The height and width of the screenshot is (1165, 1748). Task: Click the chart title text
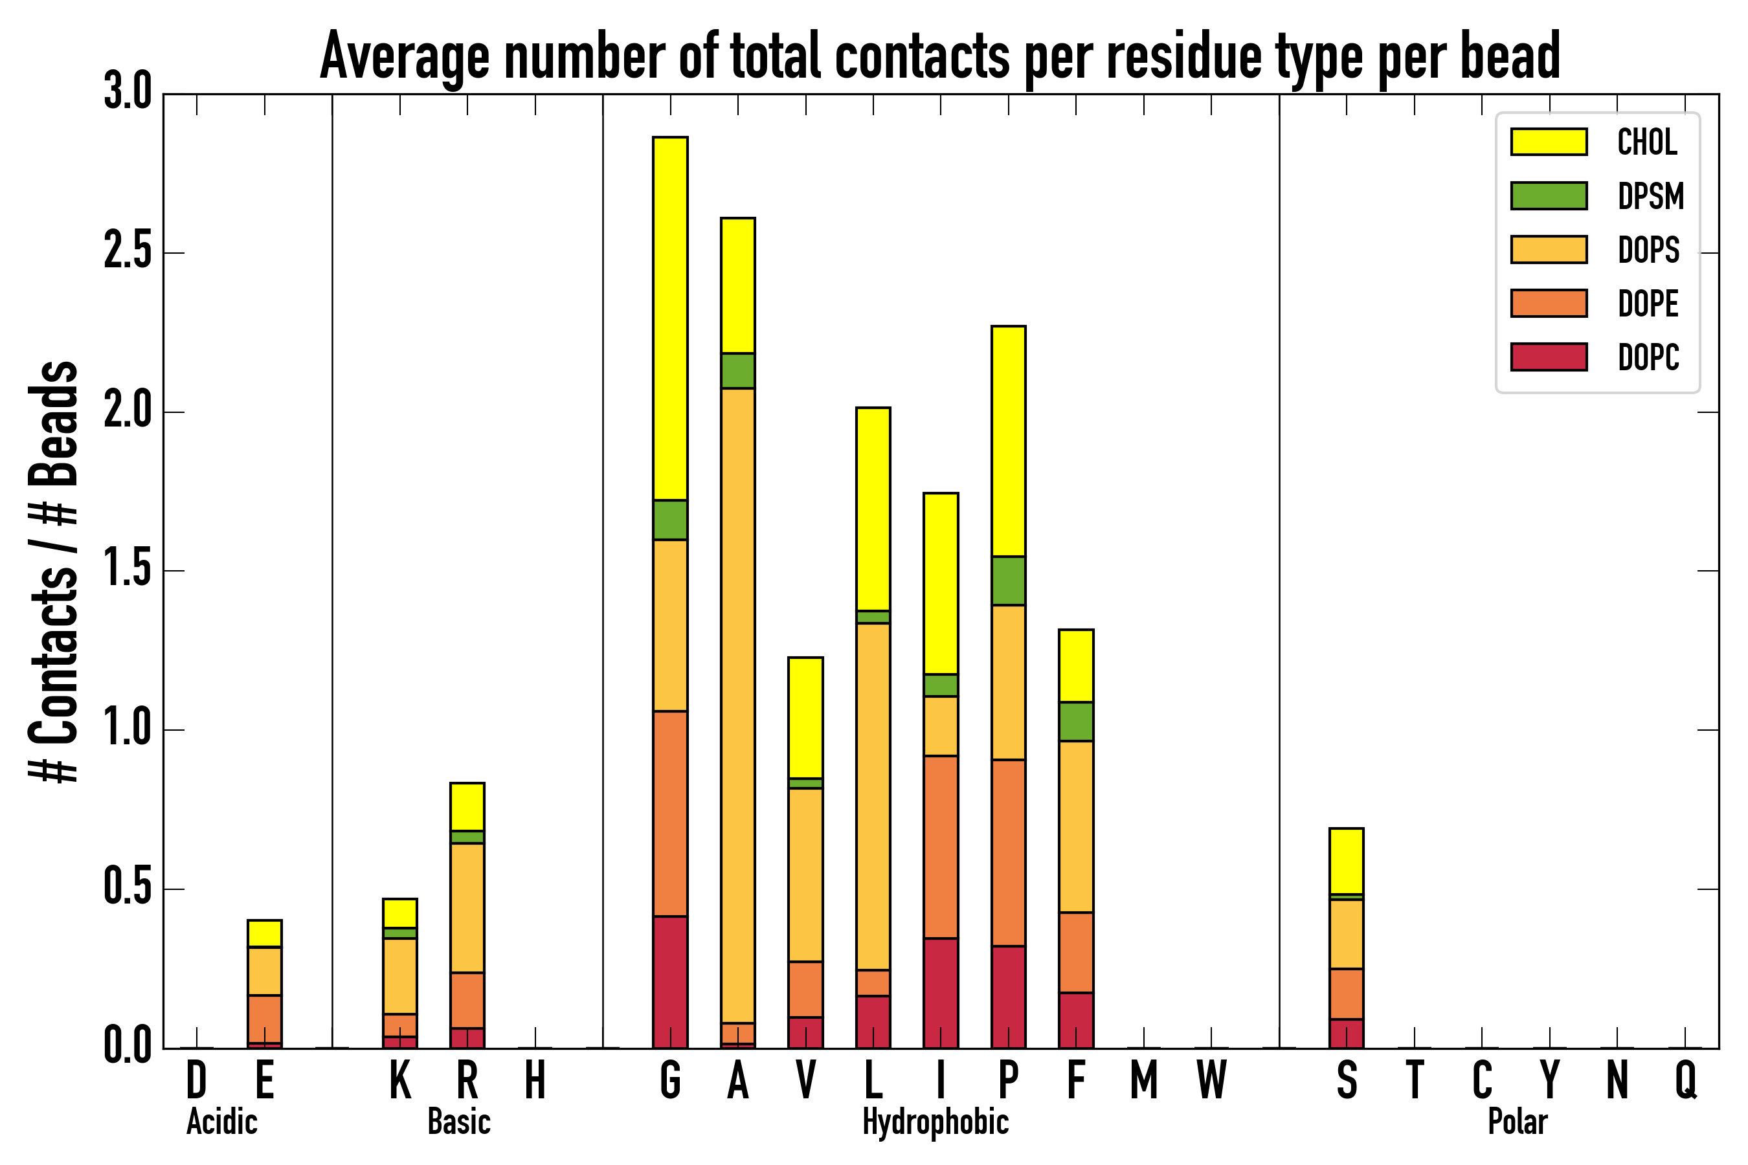pos(939,56)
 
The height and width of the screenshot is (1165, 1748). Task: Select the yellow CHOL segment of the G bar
pos(669,318)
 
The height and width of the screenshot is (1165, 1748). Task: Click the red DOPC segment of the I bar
pos(940,993)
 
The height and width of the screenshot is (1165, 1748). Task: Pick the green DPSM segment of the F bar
pos(1075,721)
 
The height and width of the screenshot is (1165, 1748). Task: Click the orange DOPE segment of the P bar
pos(1008,852)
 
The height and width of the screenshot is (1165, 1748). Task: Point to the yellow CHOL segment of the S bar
pos(1346,860)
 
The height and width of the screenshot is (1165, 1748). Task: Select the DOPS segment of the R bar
pos(467,907)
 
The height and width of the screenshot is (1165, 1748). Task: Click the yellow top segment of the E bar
pos(264,933)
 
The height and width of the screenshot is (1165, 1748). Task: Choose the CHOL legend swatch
pos(1549,142)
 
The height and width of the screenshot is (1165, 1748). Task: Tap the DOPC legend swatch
pos(1549,357)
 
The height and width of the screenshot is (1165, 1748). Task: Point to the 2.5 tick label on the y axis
pos(127,252)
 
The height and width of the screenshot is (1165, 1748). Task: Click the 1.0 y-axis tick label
pos(127,729)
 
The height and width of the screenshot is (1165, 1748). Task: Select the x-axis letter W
pos(1211,1080)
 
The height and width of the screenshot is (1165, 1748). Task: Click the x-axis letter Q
pos(1686,1080)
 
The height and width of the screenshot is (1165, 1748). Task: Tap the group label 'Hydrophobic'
pos(935,1122)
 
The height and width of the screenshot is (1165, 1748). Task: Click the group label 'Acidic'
pos(221,1122)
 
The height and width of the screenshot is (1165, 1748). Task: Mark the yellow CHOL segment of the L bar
pos(873,509)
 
